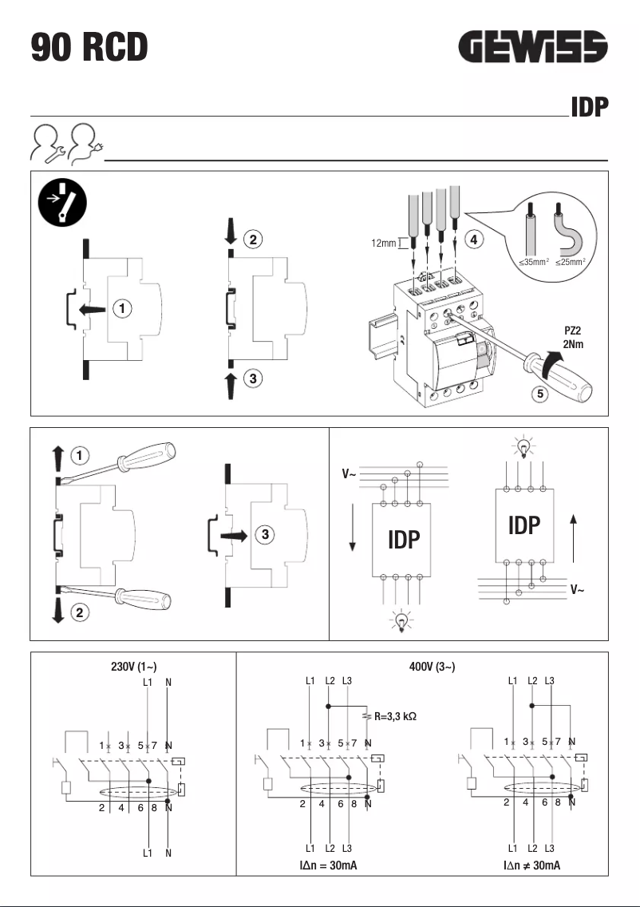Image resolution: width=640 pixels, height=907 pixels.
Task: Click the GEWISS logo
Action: click(x=534, y=48)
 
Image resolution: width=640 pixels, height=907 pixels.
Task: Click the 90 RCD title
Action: click(x=89, y=47)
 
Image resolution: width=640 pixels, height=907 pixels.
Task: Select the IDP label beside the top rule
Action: click(x=589, y=108)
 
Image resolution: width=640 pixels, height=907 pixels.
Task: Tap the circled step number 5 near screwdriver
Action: click(x=539, y=394)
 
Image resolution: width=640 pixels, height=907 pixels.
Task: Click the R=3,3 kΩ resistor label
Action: click(x=395, y=716)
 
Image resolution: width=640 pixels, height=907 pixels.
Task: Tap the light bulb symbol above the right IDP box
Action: click(x=523, y=445)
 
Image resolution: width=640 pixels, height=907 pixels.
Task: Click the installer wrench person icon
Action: click(x=46, y=144)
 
